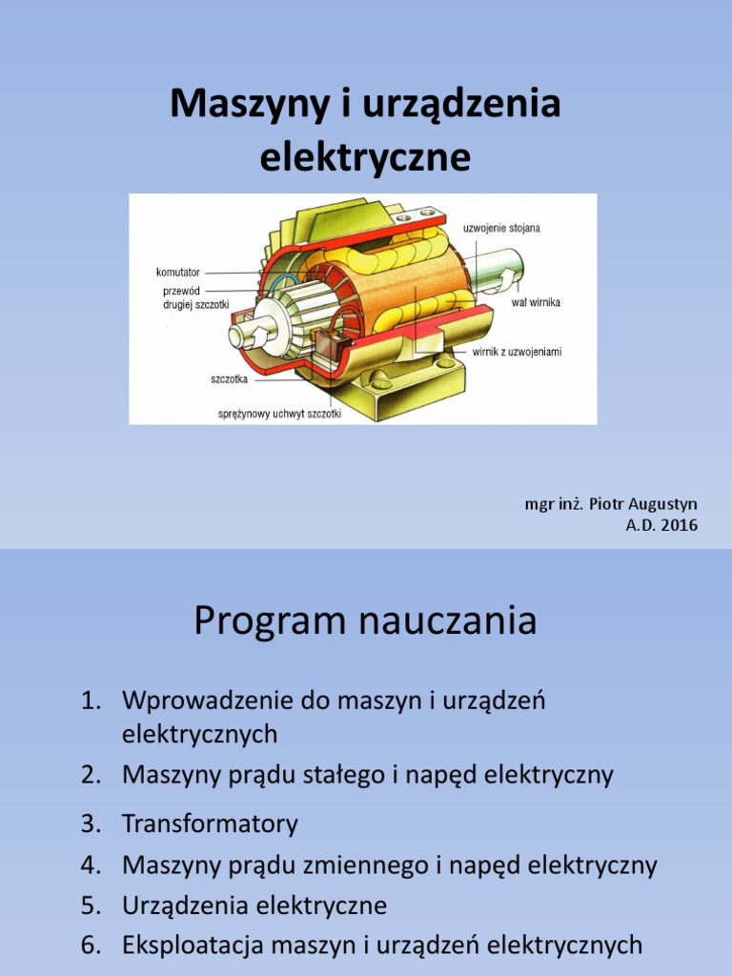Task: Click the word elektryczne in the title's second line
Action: tap(365, 157)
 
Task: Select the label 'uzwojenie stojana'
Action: tap(501, 228)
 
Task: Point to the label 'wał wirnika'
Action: tap(537, 302)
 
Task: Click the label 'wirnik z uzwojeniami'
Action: tap(518, 352)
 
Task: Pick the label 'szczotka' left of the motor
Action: tap(230, 378)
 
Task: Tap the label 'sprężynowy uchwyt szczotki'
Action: tap(279, 415)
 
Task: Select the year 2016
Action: tap(679, 524)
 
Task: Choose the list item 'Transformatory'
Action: tap(210, 823)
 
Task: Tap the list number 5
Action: tap(90, 905)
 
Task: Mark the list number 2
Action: tap(90, 775)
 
